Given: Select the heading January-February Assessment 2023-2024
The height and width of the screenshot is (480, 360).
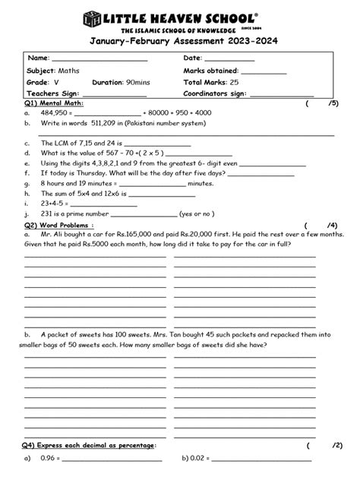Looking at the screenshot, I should coord(180,43).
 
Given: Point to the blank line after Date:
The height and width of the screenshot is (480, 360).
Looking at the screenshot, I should coord(229,60).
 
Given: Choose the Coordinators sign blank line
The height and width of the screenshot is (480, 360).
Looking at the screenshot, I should coord(282,95).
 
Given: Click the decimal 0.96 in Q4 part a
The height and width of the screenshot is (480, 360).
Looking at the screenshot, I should coord(49,459).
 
